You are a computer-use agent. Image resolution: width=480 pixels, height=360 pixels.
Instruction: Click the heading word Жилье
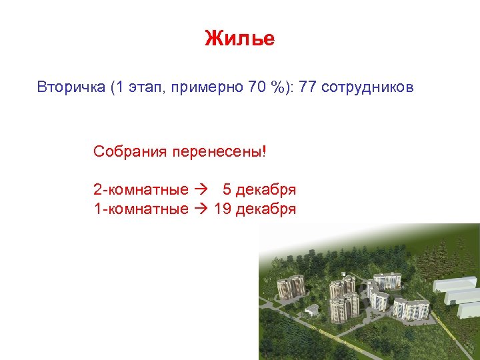coord(239,39)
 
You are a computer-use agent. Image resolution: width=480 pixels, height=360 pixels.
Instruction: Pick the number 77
coord(308,87)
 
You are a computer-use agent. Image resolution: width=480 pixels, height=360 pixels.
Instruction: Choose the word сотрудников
coord(367,87)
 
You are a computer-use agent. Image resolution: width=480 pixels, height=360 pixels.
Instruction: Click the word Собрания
coord(130,151)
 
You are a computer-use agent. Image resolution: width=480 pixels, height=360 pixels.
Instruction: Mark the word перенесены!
coord(219,151)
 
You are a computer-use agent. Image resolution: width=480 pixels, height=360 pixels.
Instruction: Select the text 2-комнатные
coord(141,190)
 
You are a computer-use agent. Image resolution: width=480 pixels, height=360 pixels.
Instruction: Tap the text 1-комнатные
coord(141,209)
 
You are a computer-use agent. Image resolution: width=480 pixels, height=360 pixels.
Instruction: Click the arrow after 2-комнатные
coord(200,190)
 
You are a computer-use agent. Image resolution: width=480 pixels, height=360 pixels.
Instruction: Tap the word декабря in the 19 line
coord(265,209)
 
